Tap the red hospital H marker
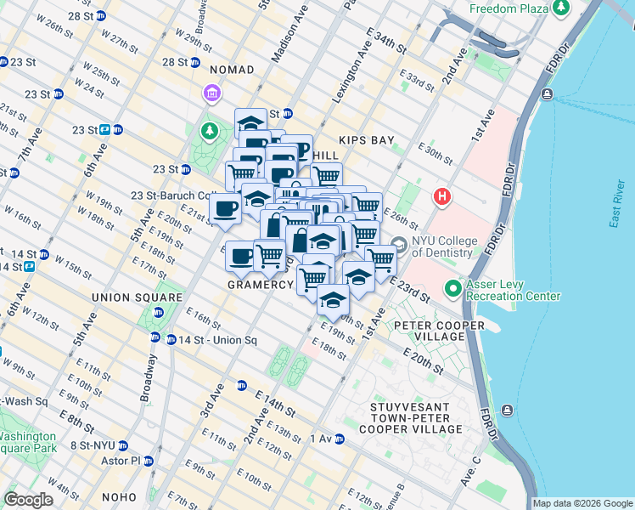441,198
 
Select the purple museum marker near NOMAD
211,92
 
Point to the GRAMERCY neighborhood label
260,285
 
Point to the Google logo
29,500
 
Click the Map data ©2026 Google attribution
582,503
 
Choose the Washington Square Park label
28,440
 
